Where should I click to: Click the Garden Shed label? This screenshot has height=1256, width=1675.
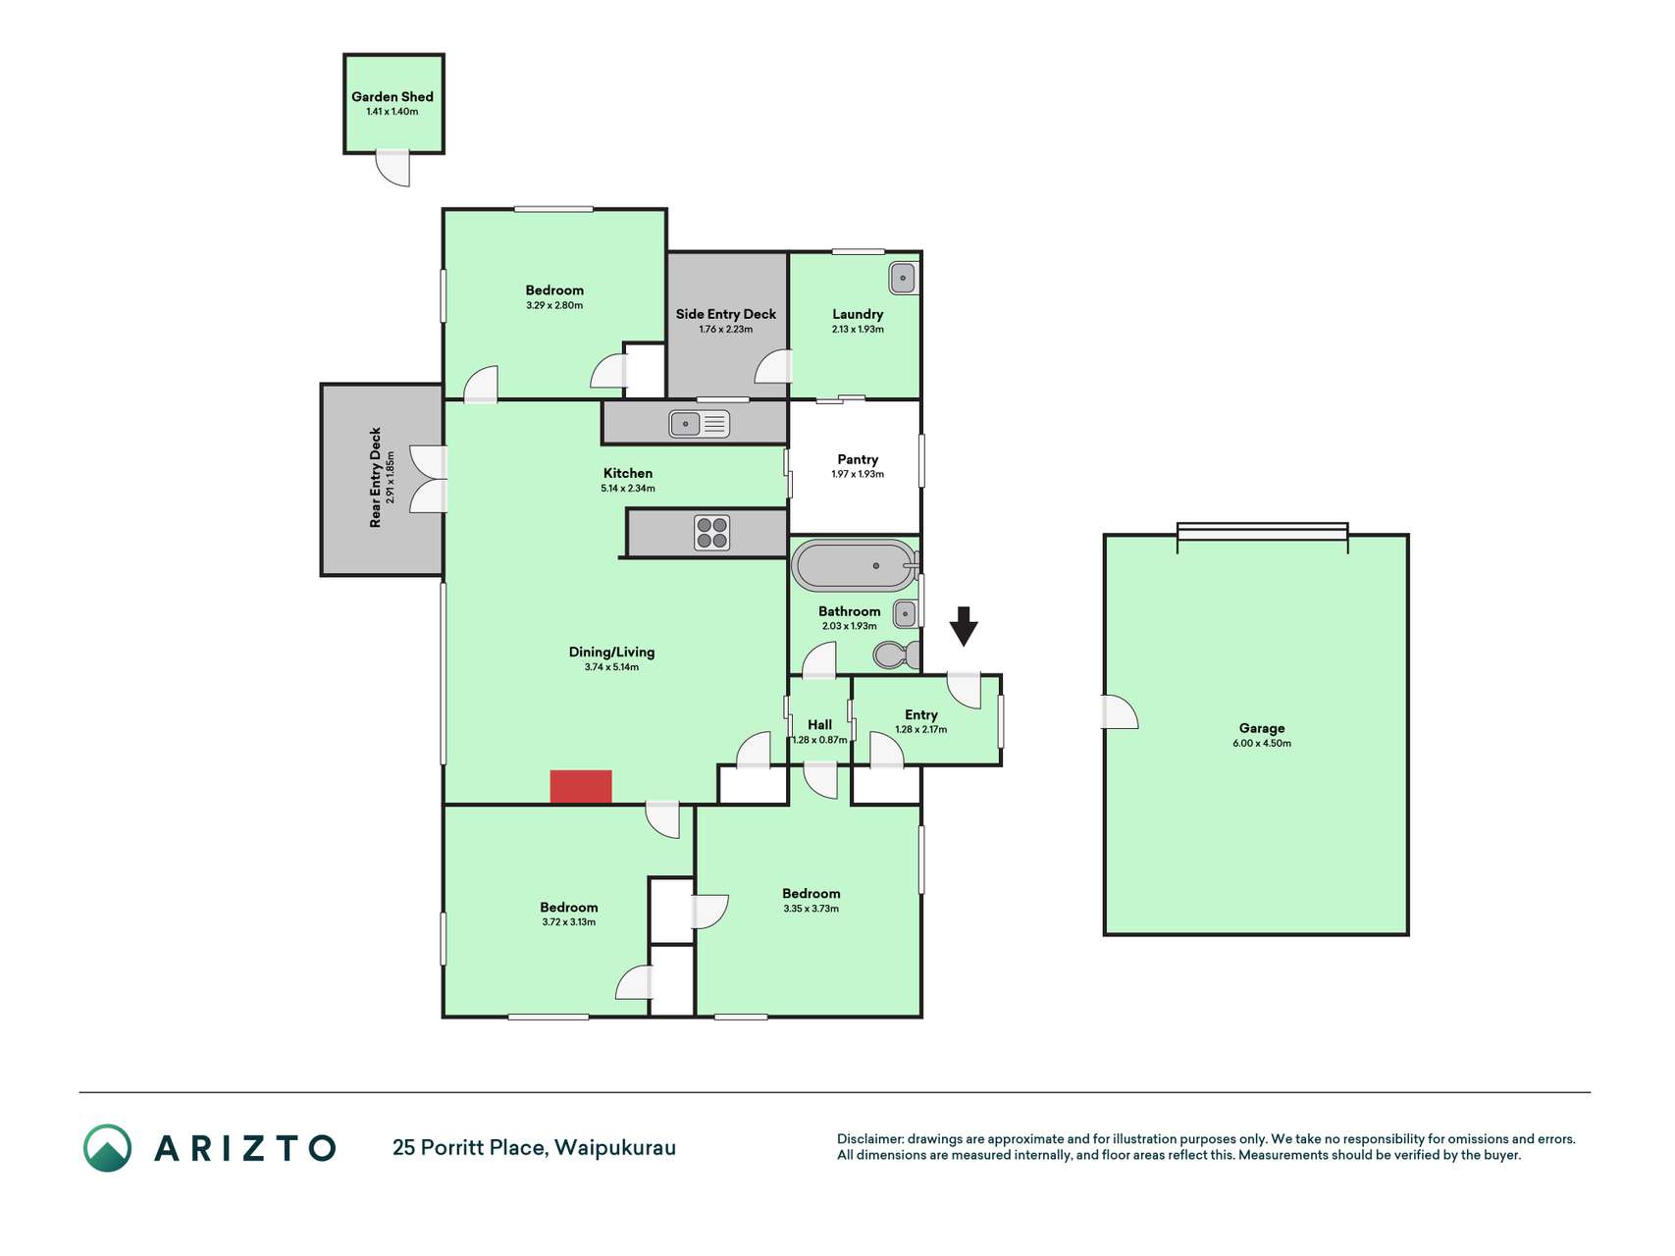[x=393, y=96]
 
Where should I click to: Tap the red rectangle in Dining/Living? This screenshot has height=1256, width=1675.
[x=581, y=787]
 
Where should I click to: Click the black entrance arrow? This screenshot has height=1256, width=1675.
[x=964, y=626]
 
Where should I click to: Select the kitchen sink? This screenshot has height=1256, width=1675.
[x=699, y=424]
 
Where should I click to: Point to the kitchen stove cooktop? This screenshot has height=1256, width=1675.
[x=712, y=533]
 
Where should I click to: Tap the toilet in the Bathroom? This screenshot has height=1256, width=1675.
[x=896, y=654]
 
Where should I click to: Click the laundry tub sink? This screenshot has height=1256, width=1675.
[x=903, y=278]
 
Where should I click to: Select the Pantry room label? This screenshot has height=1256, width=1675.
[x=858, y=459]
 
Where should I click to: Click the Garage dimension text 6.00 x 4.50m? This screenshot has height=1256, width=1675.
[x=1262, y=744]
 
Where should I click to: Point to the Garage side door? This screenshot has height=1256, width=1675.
[x=1120, y=712]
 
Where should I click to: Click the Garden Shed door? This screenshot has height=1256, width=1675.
[x=393, y=168]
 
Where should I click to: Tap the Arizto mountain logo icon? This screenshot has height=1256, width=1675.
[x=107, y=1148]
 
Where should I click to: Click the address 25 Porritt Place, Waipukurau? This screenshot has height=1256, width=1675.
[x=534, y=1148]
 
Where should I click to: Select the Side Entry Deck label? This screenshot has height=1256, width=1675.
[x=726, y=314]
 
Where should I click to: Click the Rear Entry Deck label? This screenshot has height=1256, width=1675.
[x=375, y=478]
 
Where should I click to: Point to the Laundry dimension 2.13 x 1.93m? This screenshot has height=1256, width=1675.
[x=858, y=330]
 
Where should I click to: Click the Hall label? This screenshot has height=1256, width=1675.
[x=819, y=725]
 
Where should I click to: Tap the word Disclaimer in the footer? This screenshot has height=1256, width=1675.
[x=869, y=1139]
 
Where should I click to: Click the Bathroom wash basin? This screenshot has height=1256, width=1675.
[x=905, y=614]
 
